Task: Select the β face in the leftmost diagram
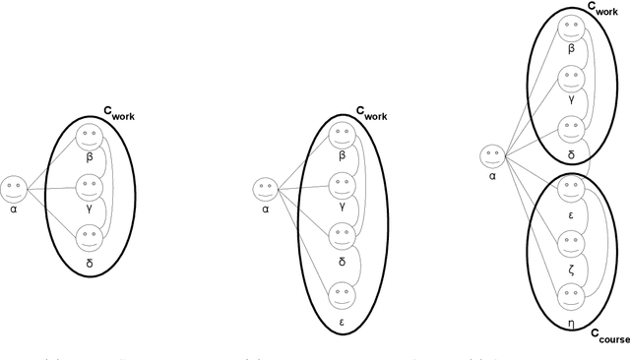(x=89, y=136)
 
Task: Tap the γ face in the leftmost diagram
(x=89, y=186)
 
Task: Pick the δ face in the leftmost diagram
(x=89, y=237)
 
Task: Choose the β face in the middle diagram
(x=341, y=135)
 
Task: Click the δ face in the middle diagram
(x=341, y=236)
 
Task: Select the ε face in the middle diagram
(x=341, y=292)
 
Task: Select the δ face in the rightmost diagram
(x=568, y=129)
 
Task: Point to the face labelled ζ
(x=568, y=243)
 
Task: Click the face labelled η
(x=568, y=295)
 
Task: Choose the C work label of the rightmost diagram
(x=602, y=9)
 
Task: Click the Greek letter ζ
(x=568, y=267)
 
